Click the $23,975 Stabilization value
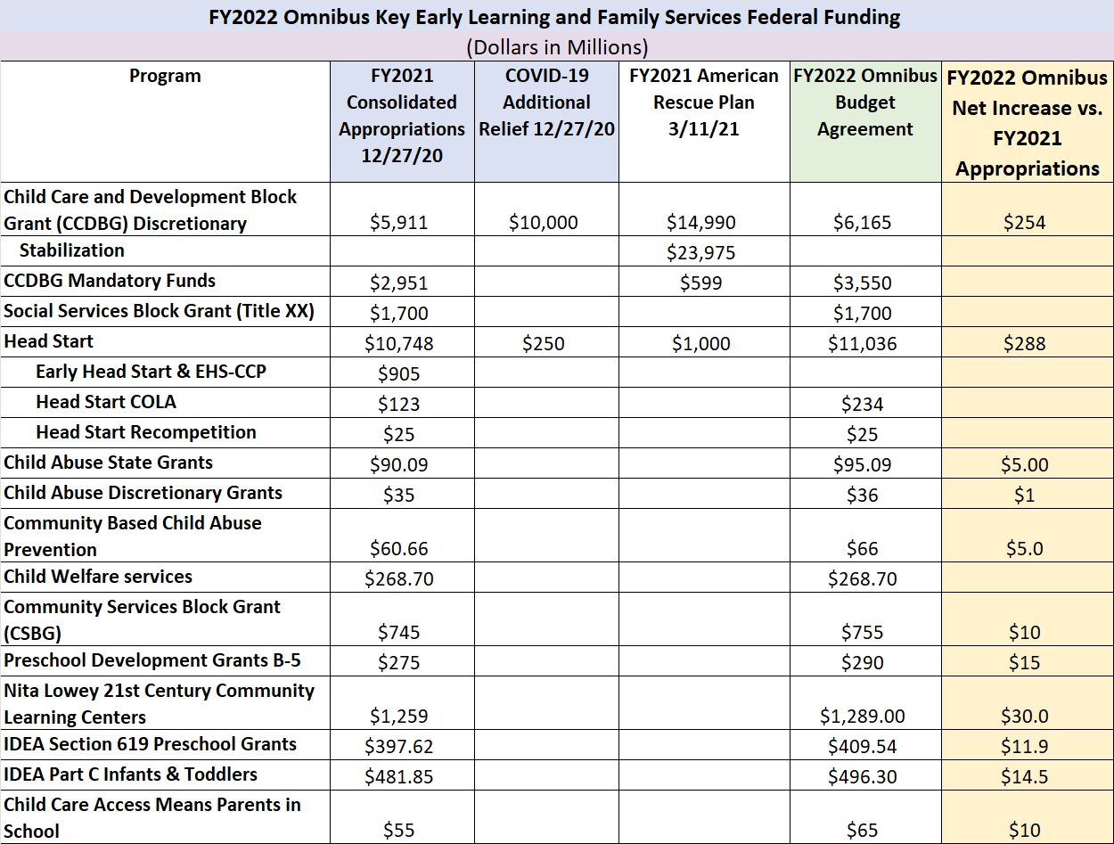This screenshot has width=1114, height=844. (x=700, y=252)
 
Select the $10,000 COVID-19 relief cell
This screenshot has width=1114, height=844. (x=544, y=222)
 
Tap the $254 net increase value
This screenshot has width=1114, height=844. (x=1025, y=222)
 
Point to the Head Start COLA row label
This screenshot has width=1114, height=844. (x=106, y=402)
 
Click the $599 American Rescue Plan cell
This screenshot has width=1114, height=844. (x=700, y=283)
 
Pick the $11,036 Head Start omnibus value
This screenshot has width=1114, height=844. (x=863, y=344)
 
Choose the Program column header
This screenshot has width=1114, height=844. (x=165, y=76)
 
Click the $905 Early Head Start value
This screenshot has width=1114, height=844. (x=399, y=373)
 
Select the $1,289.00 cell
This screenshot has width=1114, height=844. (x=863, y=716)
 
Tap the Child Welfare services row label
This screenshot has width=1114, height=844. (x=98, y=577)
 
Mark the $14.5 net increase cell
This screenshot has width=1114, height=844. (x=1025, y=776)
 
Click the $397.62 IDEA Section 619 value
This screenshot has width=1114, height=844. (x=399, y=746)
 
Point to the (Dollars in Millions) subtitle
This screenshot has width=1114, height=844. (x=557, y=47)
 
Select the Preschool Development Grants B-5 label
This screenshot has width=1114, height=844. (x=152, y=660)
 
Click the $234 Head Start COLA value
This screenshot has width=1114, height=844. (x=863, y=404)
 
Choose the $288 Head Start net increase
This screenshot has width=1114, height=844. (x=1025, y=344)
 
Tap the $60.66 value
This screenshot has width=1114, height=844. (x=399, y=549)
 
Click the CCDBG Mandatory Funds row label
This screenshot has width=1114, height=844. (x=110, y=281)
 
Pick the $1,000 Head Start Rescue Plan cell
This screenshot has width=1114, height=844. (x=700, y=344)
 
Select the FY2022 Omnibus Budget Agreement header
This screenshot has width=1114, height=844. (x=864, y=102)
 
